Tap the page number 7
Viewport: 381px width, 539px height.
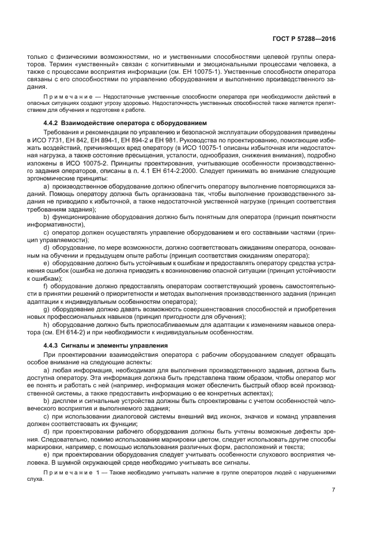(x=333, y=489)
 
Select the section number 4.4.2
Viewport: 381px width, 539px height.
(x=53, y=123)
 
